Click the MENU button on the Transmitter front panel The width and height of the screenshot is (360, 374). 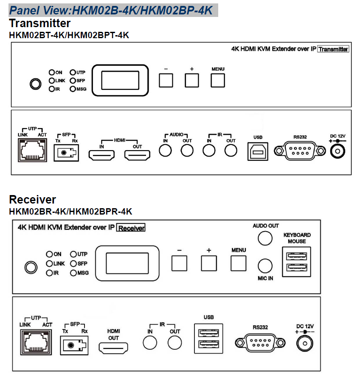(218, 80)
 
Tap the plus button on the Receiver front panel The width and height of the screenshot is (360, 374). (208, 263)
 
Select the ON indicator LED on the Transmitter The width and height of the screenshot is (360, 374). (52, 73)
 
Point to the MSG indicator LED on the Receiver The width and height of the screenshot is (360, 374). (73, 273)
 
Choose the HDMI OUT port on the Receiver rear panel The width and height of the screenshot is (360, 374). (113, 348)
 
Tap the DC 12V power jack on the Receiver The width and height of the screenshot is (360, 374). (304, 342)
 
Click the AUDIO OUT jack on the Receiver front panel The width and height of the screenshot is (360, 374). (266, 238)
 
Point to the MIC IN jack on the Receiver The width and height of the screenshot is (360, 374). (265, 266)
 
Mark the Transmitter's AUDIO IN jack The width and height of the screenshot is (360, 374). (165, 151)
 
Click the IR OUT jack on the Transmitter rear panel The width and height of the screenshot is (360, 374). (231, 151)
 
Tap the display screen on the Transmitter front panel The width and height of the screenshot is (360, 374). (120, 80)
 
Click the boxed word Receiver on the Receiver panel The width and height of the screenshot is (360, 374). (131, 228)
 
